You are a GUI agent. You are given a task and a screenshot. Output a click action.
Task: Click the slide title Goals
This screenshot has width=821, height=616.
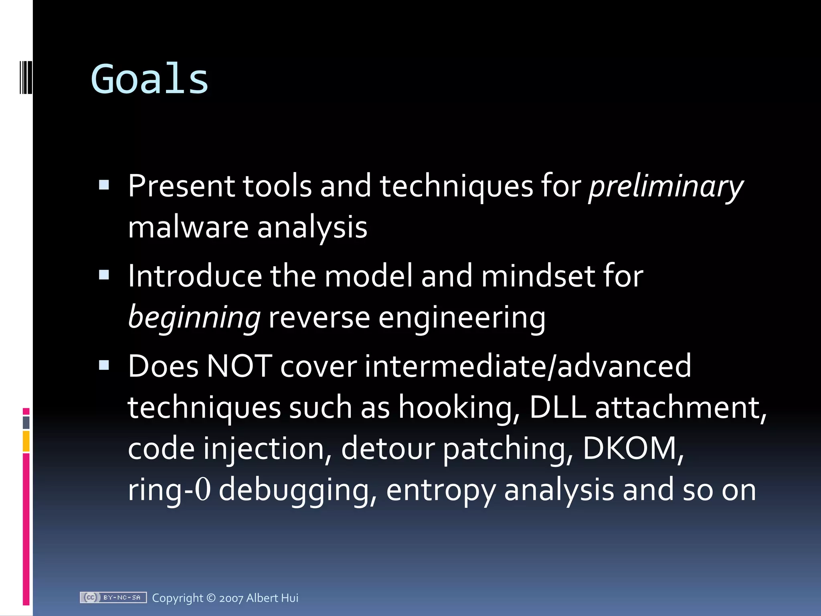tap(150, 79)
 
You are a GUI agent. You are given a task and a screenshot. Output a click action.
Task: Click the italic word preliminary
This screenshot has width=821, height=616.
tap(665, 186)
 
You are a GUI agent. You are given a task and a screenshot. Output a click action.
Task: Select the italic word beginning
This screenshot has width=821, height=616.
tap(194, 317)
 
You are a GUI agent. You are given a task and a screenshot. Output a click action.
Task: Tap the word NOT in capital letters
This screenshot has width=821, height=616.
tap(239, 366)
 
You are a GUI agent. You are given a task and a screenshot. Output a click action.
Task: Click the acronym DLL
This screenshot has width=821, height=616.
tap(557, 407)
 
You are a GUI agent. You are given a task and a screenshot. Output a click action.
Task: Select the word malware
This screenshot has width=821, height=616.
tap(188, 227)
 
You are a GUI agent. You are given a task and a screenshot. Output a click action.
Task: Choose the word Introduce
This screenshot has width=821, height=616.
tap(195, 276)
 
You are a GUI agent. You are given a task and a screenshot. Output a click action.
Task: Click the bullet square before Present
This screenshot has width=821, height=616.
tap(104, 185)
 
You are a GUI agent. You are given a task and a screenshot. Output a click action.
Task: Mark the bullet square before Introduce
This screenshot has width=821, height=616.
tap(104, 275)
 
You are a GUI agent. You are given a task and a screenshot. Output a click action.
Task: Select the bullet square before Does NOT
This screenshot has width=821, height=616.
tap(104, 365)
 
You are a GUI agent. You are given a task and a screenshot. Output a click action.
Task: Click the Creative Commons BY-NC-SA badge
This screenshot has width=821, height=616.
tap(113, 598)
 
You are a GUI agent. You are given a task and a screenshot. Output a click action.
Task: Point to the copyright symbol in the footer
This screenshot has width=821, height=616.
tap(211, 598)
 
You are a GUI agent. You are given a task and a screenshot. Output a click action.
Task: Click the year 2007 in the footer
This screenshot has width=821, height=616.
tap(231, 598)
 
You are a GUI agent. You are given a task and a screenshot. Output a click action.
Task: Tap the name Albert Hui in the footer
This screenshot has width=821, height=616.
tap(272, 598)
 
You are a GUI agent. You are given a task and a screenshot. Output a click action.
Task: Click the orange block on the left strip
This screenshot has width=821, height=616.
tap(26, 441)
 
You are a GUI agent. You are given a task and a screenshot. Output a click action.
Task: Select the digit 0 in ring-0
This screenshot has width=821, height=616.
tap(203, 490)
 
